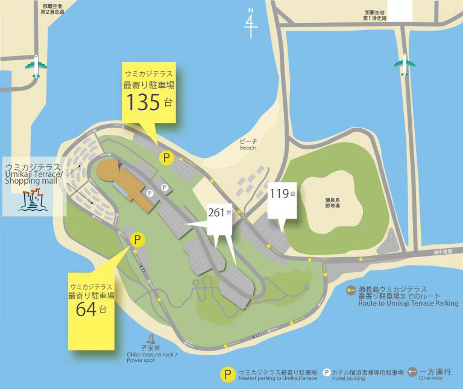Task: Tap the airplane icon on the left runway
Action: coord(36,67)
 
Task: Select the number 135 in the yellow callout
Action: coord(143,102)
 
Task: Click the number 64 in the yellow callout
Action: coord(87,310)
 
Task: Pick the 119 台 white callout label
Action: coord(282,195)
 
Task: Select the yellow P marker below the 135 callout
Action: coord(166,158)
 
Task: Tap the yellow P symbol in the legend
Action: coord(227,373)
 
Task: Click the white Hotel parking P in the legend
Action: coord(326,372)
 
